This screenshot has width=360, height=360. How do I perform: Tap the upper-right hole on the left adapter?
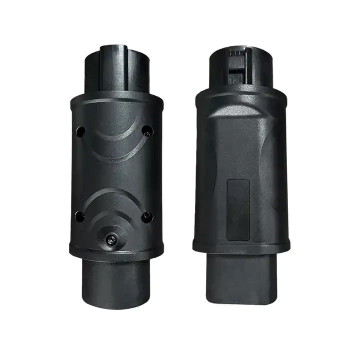click(147, 130)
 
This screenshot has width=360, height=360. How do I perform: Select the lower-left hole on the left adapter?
click(79, 216)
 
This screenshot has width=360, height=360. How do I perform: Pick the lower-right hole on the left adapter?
click(146, 216)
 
